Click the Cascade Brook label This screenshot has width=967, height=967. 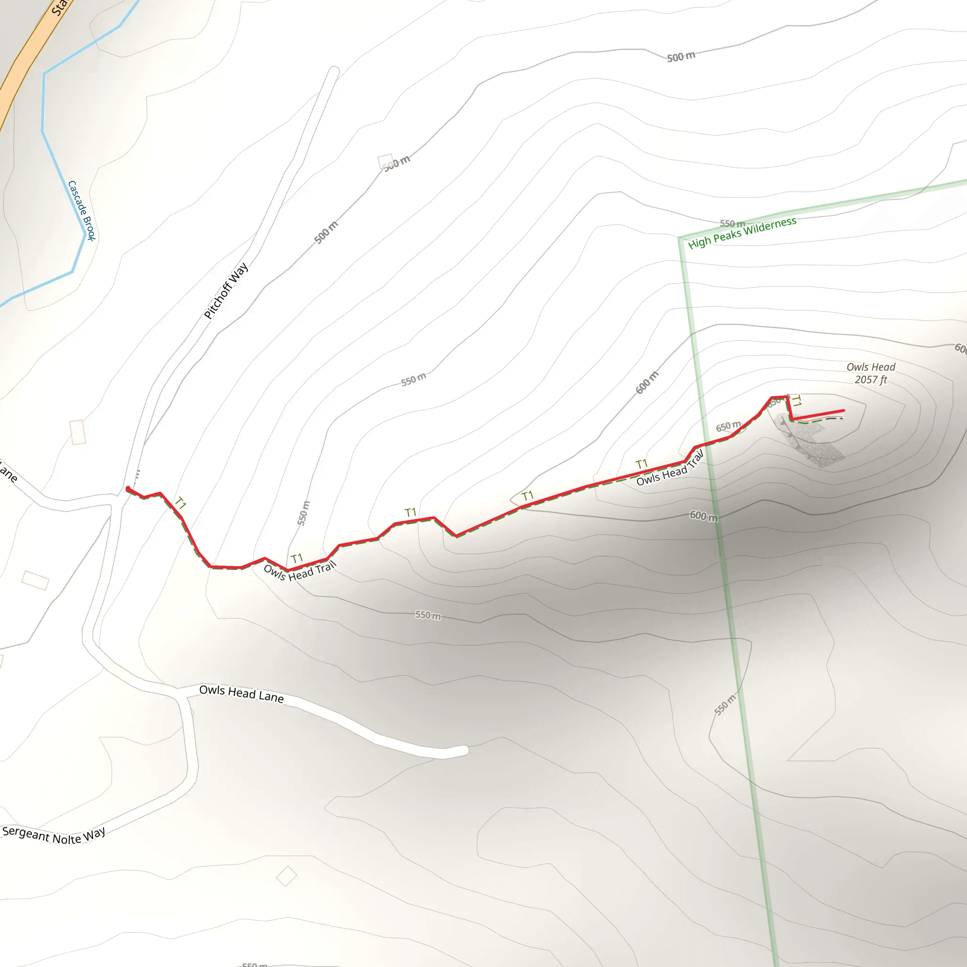[x=82, y=211]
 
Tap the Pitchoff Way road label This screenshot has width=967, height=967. [x=226, y=291]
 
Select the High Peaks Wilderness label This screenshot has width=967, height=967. [x=742, y=233]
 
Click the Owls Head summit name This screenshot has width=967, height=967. [x=870, y=367]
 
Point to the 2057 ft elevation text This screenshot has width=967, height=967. [x=870, y=380]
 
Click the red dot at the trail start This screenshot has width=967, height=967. [x=128, y=489]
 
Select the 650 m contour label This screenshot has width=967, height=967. [x=728, y=426]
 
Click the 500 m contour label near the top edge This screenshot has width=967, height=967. [x=681, y=57]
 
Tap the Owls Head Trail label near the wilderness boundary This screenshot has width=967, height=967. [x=670, y=468]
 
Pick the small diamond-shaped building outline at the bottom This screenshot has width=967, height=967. [x=286, y=876]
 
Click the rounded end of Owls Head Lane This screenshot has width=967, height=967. [x=464, y=750]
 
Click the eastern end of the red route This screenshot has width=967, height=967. [x=843, y=411]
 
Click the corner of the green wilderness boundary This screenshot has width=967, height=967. [x=680, y=238]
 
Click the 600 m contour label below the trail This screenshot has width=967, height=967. [x=703, y=516]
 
